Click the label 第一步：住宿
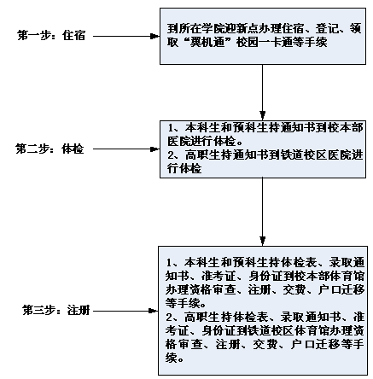click(51, 36)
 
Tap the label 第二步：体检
click(50, 149)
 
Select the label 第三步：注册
click(56, 311)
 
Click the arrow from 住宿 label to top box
click(126, 36)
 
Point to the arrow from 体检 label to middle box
click(126, 149)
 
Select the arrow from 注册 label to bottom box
click(125, 311)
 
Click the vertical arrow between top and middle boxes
click(263, 92)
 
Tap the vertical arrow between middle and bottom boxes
click(263, 211)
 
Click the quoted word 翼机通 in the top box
click(207, 43)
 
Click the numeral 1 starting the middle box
click(171, 128)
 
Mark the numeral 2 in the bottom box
click(169, 318)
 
